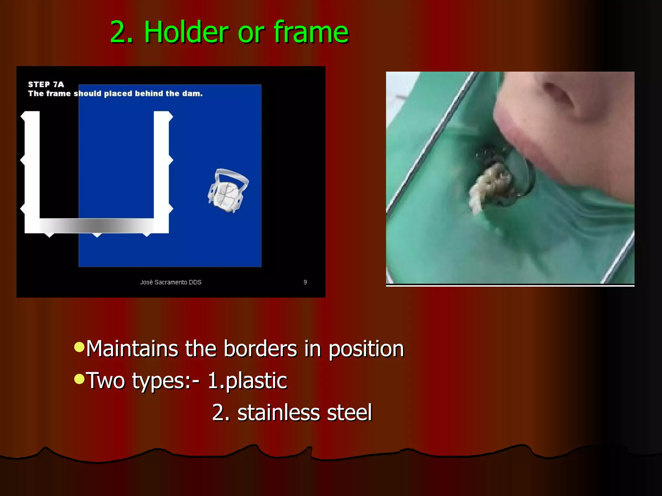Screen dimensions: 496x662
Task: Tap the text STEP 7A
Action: point(46,85)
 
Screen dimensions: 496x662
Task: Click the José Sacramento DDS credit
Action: point(171,282)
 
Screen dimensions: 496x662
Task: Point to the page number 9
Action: point(305,282)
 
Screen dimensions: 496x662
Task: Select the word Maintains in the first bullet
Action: point(132,349)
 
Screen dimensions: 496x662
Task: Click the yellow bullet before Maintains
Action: point(79,347)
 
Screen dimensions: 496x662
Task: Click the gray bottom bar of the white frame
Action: point(97,225)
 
